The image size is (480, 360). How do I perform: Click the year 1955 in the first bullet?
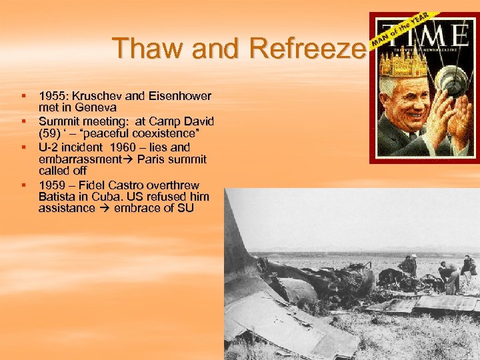[x=51, y=95]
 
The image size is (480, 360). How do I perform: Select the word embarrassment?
[x=77, y=159]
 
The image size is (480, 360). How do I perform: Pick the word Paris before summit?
[x=151, y=159]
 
